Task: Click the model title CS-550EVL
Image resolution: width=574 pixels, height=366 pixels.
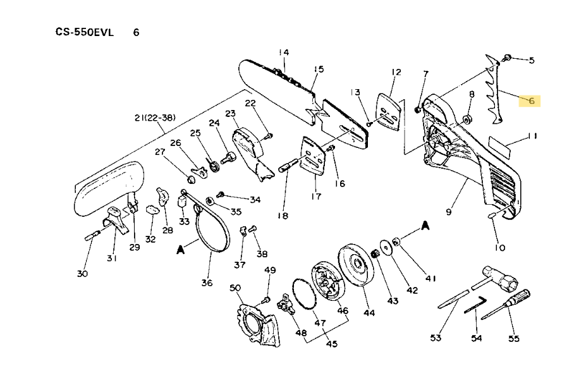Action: (x=85, y=32)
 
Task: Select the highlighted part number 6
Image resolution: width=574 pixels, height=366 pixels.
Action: (x=531, y=101)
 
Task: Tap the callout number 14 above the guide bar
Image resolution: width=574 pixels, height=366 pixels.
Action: (x=283, y=52)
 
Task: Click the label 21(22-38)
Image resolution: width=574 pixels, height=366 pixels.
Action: (x=154, y=118)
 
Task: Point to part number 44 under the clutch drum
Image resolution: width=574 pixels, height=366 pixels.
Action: (x=369, y=312)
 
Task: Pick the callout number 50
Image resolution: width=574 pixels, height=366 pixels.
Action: (x=235, y=288)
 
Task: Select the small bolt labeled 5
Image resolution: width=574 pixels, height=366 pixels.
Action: (x=507, y=59)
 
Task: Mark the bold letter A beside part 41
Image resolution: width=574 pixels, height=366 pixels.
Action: (x=425, y=225)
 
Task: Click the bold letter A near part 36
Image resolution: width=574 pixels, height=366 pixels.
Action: (x=180, y=249)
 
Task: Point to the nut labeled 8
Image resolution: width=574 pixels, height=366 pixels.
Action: (x=467, y=118)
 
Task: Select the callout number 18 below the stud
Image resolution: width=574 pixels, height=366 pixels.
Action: (x=283, y=216)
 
